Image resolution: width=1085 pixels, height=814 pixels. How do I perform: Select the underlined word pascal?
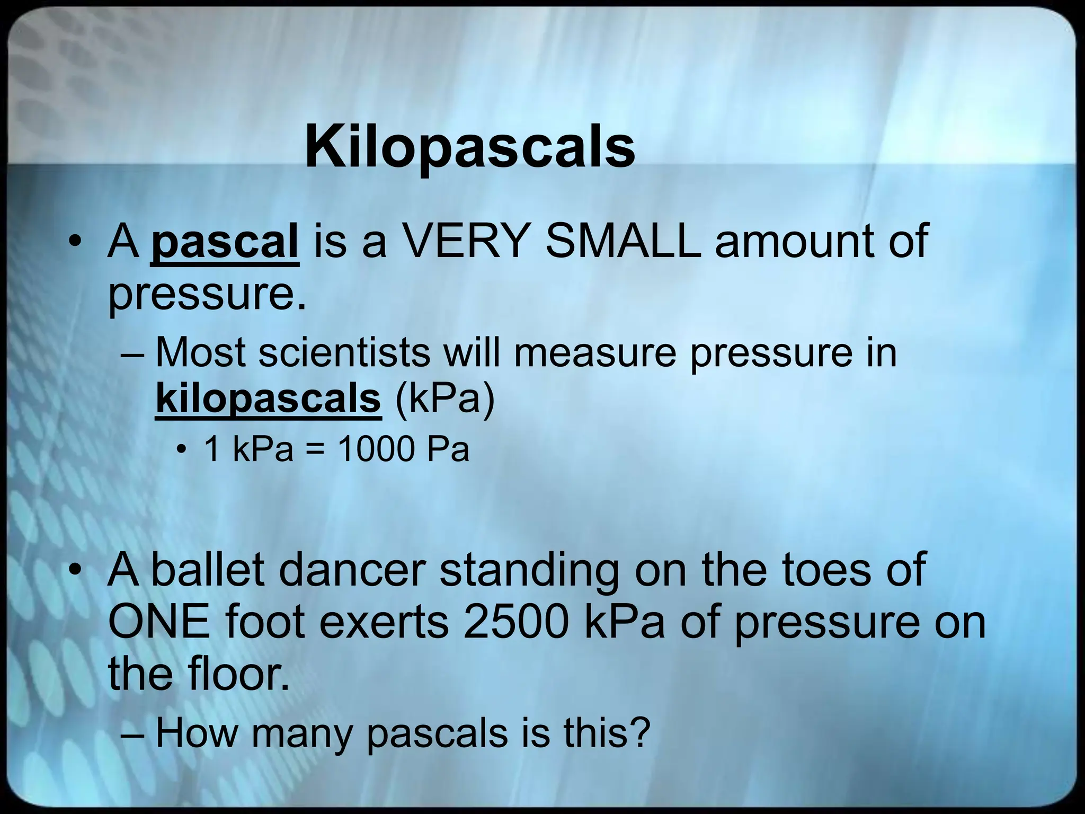click(x=225, y=242)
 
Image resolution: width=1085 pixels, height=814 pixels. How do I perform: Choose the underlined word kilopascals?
click(x=268, y=399)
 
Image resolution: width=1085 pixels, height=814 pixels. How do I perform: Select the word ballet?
click(x=208, y=570)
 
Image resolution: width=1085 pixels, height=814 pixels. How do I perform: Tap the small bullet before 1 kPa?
click(x=182, y=451)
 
